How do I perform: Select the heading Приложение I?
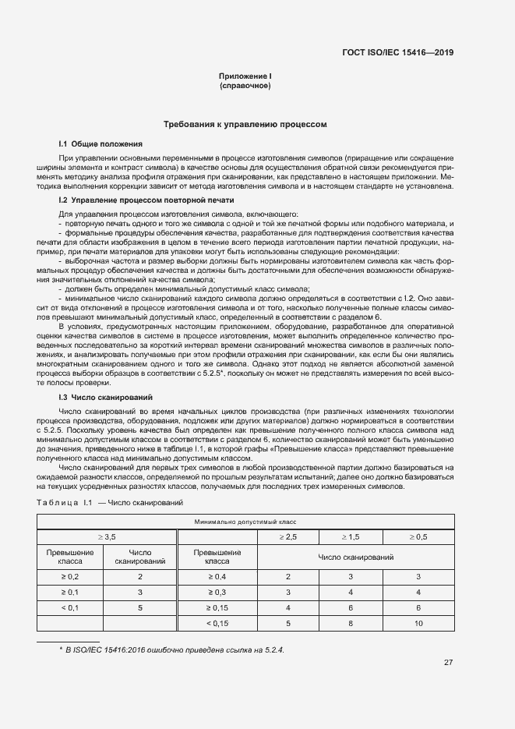pos(245,76)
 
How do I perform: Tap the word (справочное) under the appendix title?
pos(245,86)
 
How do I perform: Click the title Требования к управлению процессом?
pos(245,124)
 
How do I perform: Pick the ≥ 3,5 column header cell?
pos(106,537)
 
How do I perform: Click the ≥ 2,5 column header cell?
pos(287,537)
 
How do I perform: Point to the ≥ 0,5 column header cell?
pos(418,537)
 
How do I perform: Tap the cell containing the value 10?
pos(418,623)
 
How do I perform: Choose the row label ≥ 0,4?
pos(217,576)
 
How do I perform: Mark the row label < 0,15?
pos(217,623)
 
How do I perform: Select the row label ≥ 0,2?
pos(70,576)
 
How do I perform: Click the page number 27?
pos(448,663)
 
